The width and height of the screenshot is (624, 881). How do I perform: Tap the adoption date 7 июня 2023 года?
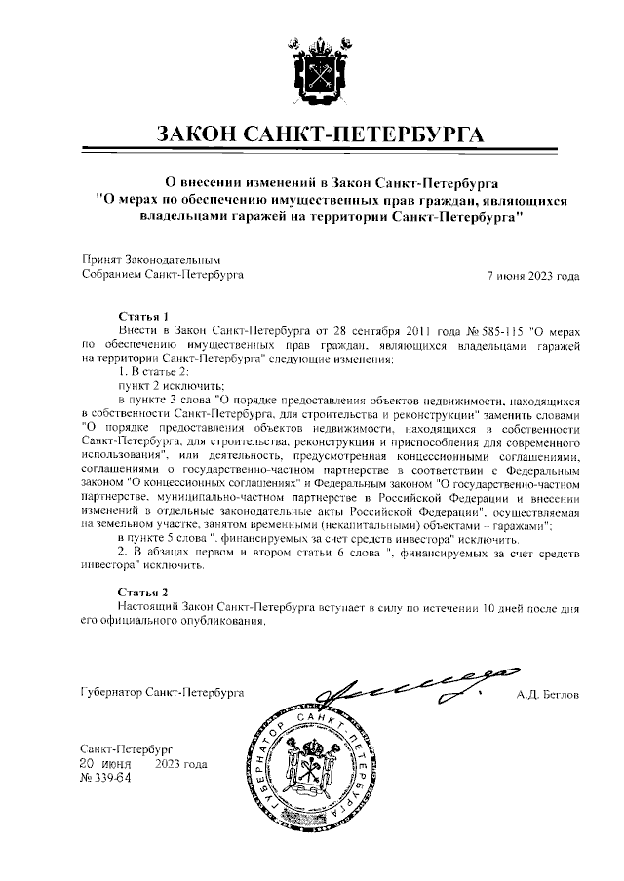click(532, 276)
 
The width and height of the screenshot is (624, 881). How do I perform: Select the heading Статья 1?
click(143, 317)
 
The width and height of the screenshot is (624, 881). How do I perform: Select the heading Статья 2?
click(143, 592)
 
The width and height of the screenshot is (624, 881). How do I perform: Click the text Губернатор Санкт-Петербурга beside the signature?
click(162, 694)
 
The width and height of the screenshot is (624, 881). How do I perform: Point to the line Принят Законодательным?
click(152, 261)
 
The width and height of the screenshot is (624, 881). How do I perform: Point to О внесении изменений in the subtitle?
click(238, 181)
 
